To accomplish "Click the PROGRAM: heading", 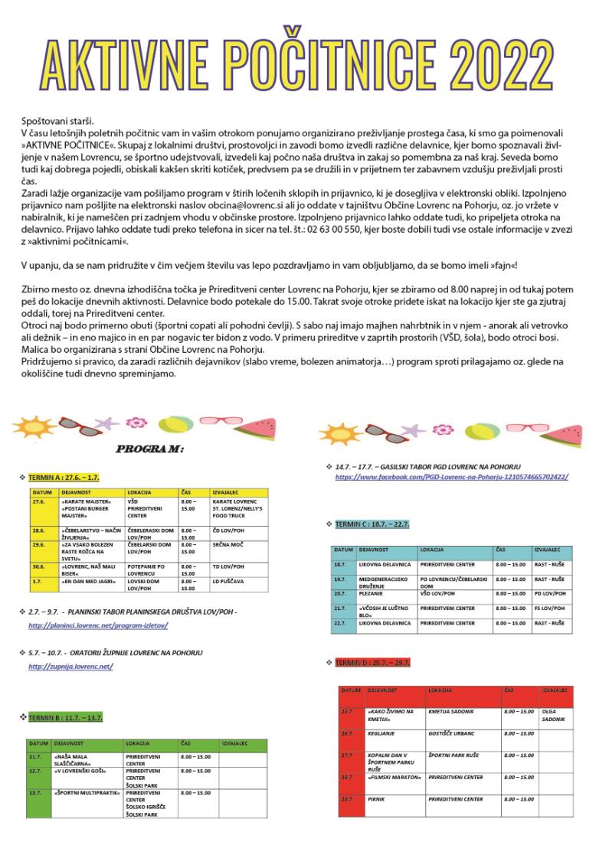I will (x=149, y=449).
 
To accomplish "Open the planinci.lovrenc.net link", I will (x=98, y=625).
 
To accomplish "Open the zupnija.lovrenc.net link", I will (x=70, y=667).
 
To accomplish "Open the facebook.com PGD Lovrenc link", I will (x=451, y=477).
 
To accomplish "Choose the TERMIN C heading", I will (x=372, y=524).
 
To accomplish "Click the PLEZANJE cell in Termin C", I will (x=371, y=593).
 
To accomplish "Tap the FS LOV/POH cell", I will (x=549, y=608).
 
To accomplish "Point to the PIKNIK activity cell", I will (x=377, y=799).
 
